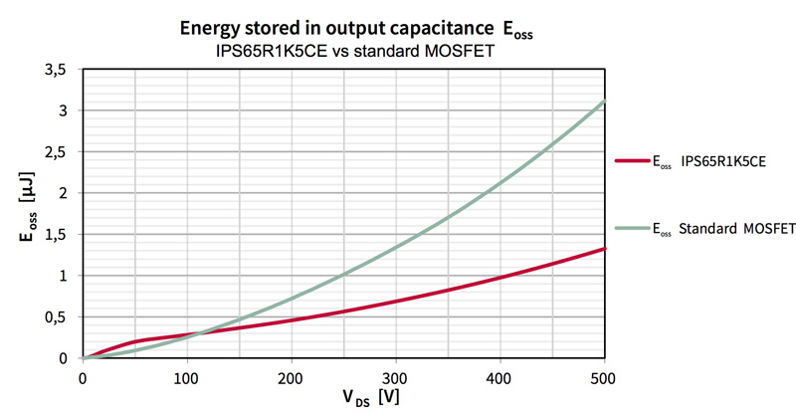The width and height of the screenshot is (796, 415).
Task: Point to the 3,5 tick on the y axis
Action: click(x=60, y=69)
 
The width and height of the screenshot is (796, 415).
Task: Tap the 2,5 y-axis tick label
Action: click(x=60, y=151)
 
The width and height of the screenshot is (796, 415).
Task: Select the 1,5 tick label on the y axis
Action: click(x=60, y=234)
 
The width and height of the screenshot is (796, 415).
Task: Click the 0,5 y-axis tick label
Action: click(x=60, y=316)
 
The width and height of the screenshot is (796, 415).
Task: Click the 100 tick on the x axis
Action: click(x=187, y=377)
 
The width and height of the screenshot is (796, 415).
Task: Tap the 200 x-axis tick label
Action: click(x=292, y=377)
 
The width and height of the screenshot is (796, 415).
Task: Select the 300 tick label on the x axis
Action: click(x=396, y=377)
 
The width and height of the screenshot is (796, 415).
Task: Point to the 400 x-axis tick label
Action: click(x=500, y=377)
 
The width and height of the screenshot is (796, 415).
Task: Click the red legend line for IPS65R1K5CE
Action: click(x=636, y=158)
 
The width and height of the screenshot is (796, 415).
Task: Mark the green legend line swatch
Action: click(x=636, y=229)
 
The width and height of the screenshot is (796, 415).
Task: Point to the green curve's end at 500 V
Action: click(x=604, y=102)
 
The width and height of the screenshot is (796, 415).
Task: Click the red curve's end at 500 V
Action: click(x=604, y=249)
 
